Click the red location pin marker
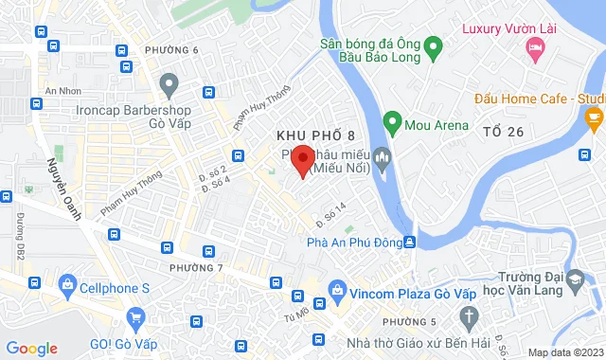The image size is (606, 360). pyautogui.click(x=302, y=159)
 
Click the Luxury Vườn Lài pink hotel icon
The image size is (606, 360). pyautogui.click(x=535, y=47)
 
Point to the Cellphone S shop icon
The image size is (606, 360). pyautogui.click(x=67, y=282)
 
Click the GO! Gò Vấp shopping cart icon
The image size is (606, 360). pyautogui.click(x=137, y=317)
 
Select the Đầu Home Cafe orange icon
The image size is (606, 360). pyautogui.click(x=595, y=118)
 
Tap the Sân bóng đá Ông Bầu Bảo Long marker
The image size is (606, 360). pyautogui.click(x=433, y=45)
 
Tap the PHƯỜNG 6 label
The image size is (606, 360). pyautogui.click(x=172, y=49)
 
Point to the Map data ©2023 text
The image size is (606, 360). pyautogui.click(x=565, y=352)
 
